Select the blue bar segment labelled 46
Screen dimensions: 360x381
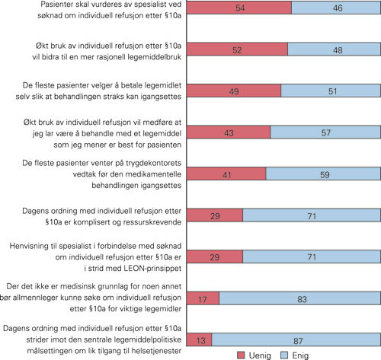(x=336, y=8)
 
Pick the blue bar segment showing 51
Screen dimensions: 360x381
(x=331, y=90)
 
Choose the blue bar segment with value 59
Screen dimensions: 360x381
(x=323, y=174)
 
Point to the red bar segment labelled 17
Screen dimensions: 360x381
(x=203, y=277)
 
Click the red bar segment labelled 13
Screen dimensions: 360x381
(x=199, y=318)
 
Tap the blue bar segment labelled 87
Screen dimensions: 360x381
(x=296, y=318)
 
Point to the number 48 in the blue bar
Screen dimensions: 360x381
(x=335, y=49)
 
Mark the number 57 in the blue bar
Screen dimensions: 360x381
(x=325, y=132)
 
